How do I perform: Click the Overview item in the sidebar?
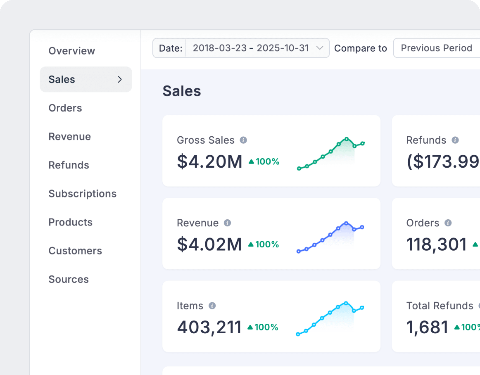tap(71, 51)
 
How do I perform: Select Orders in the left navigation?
tap(65, 108)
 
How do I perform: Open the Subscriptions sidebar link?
tap(82, 194)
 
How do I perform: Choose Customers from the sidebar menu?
tap(75, 251)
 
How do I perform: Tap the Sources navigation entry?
tap(69, 279)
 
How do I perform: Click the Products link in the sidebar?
tap(70, 222)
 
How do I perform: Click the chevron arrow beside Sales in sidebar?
tap(120, 79)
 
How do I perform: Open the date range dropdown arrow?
tap(319, 48)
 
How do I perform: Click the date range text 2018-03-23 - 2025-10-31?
tap(251, 48)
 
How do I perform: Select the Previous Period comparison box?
tap(436, 48)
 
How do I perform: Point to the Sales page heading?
tap(182, 91)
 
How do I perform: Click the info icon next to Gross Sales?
tap(243, 140)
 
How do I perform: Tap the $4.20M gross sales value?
tap(209, 161)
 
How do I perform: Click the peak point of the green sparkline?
tap(347, 139)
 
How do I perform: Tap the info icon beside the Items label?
tap(212, 306)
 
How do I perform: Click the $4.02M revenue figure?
tap(209, 244)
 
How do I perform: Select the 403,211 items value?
tap(209, 327)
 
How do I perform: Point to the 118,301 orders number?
tap(436, 244)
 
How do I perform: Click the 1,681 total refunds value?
tap(427, 327)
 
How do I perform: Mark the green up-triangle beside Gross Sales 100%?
tap(251, 161)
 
